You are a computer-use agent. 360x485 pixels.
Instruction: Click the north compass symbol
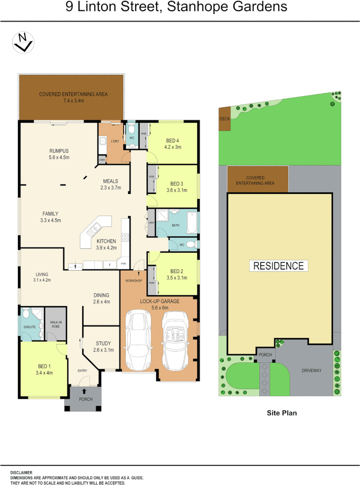pyautogui.click(x=23, y=43)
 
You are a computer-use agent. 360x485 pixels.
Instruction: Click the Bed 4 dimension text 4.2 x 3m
pyautogui.click(x=173, y=147)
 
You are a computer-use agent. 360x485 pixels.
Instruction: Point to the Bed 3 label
pyautogui.click(x=177, y=184)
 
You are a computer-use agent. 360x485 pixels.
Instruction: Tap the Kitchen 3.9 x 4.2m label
pyautogui.click(x=107, y=244)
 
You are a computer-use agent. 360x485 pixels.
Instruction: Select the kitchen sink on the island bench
pyautogui.click(x=95, y=231)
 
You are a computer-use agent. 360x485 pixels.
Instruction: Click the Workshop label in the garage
pyautogui.click(x=133, y=281)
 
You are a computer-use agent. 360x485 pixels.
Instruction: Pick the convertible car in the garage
pyautogui.click(x=178, y=339)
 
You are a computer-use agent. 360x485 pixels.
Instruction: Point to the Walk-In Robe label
pyautogui.click(x=56, y=324)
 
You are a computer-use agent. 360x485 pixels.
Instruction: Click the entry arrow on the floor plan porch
pyautogui.click(x=84, y=392)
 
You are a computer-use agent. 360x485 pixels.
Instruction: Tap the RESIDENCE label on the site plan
pyautogui.click(x=279, y=265)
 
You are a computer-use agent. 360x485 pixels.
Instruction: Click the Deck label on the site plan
pyautogui.click(x=224, y=119)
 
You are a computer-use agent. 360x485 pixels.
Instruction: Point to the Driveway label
pyautogui.click(x=311, y=370)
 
